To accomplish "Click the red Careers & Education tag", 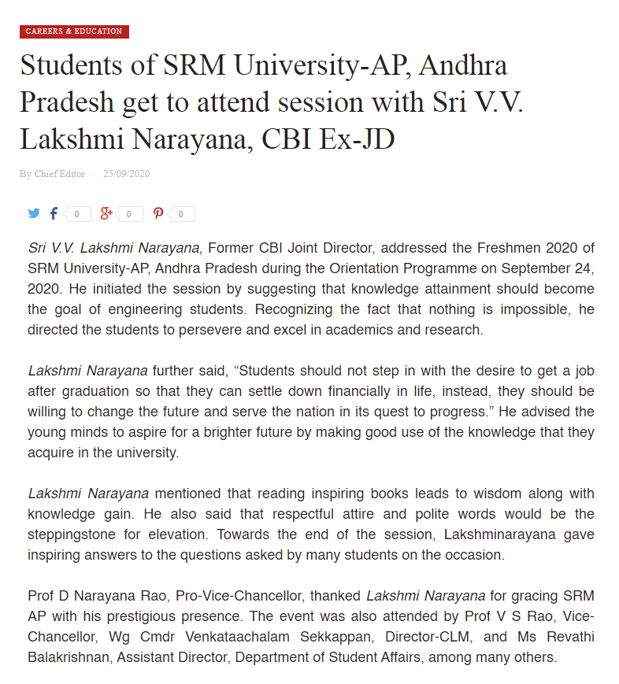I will [x=74, y=31].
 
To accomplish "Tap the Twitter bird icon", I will [x=34, y=213].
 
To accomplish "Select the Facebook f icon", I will [x=54, y=213].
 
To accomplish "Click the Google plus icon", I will [x=107, y=213].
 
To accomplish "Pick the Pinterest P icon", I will [x=158, y=213].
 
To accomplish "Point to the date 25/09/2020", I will [x=126, y=174].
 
